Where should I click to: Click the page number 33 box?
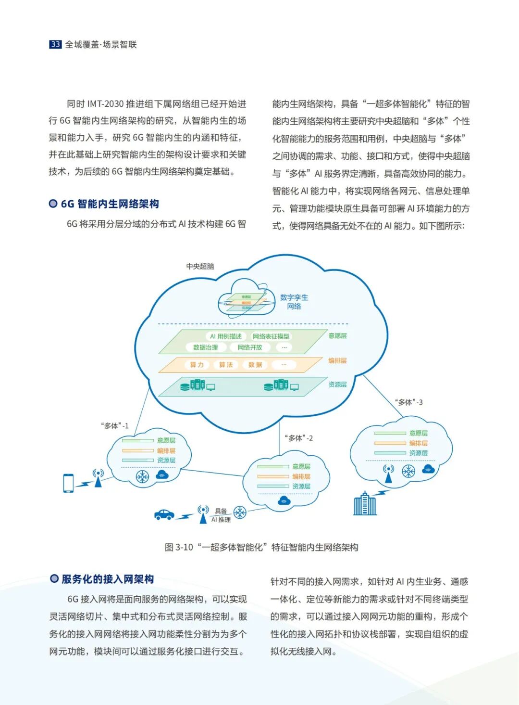pyautogui.click(x=55, y=44)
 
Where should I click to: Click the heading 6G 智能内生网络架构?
pyautogui.click(x=110, y=204)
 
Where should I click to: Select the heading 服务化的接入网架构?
pyautogui.click(x=107, y=579)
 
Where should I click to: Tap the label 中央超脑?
pyautogui.click(x=200, y=266)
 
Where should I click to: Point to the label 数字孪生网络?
pyautogui.click(x=294, y=302)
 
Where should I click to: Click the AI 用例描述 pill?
pyautogui.click(x=225, y=336)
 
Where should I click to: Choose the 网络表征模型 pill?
pyautogui.click(x=271, y=336)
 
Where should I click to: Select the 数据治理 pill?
pyautogui.click(x=205, y=347)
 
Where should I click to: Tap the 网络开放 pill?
pyautogui.click(x=250, y=347)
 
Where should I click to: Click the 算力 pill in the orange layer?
pyautogui.click(x=197, y=365)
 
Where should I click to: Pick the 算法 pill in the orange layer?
pyautogui.click(x=226, y=365)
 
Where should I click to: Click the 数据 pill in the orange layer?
pyautogui.click(x=255, y=365)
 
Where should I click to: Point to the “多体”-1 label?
pyautogui.click(x=115, y=426)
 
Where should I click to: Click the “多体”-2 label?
pyautogui.click(x=299, y=438)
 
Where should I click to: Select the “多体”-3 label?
pyautogui.click(x=408, y=402)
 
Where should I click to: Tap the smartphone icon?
pyautogui.click(x=68, y=483)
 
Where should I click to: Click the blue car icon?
pyautogui.click(x=164, y=514)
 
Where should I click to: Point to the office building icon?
pyautogui.click(x=365, y=504)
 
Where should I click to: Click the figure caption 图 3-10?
pyautogui.click(x=261, y=547)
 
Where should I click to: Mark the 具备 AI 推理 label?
pyautogui.click(x=221, y=515)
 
